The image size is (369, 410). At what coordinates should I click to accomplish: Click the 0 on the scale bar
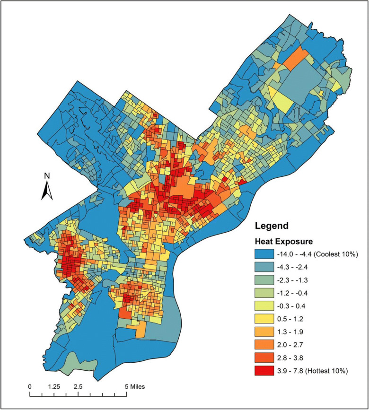tap(30, 386)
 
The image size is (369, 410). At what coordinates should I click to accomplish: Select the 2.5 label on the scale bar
tap(78, 386)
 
